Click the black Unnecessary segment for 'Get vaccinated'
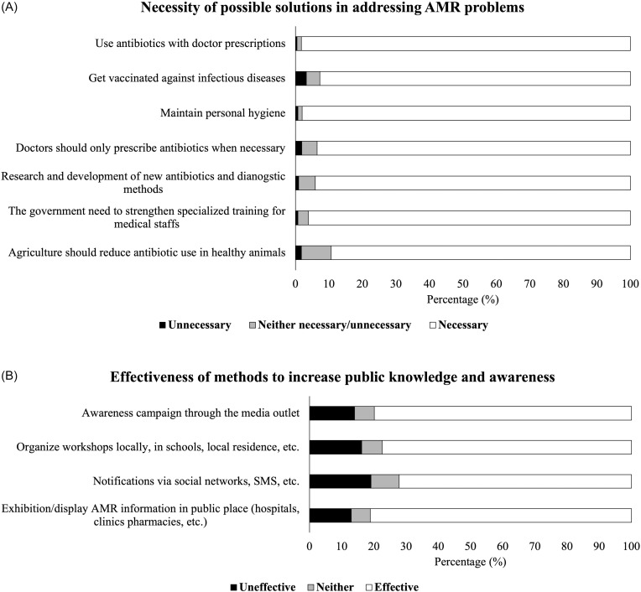click(x=300, y=79)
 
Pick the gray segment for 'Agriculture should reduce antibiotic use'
click(x=316, y=252)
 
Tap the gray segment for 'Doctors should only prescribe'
click(x=310, y=148)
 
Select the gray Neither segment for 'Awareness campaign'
click(x=364, y=413)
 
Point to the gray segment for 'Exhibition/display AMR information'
click(x=361, y=515)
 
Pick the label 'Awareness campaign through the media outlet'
click(x=190, y=413)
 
